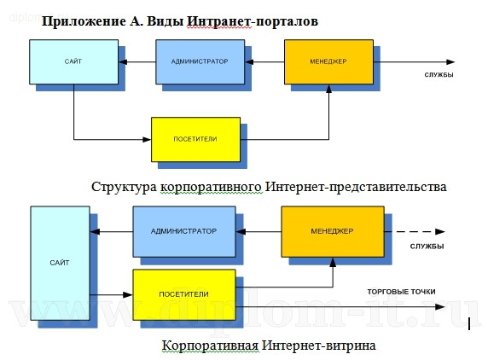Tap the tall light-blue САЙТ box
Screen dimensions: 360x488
[x=58, y=263]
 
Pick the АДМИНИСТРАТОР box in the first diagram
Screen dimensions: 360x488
[x=199, y=62]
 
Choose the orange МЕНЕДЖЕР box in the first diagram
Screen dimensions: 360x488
[x=328, y=62]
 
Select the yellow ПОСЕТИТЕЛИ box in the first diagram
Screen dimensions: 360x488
[x=195, y=137]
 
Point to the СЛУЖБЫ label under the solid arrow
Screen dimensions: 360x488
[x=439, y=75]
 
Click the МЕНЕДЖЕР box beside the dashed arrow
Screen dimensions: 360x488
[x=333, y=231]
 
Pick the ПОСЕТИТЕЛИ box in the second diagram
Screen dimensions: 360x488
[x=183, y=293]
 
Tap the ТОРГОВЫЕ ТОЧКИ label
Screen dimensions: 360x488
[x=400, y=291]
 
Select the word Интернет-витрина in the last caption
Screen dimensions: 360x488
[x=322, y=345]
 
